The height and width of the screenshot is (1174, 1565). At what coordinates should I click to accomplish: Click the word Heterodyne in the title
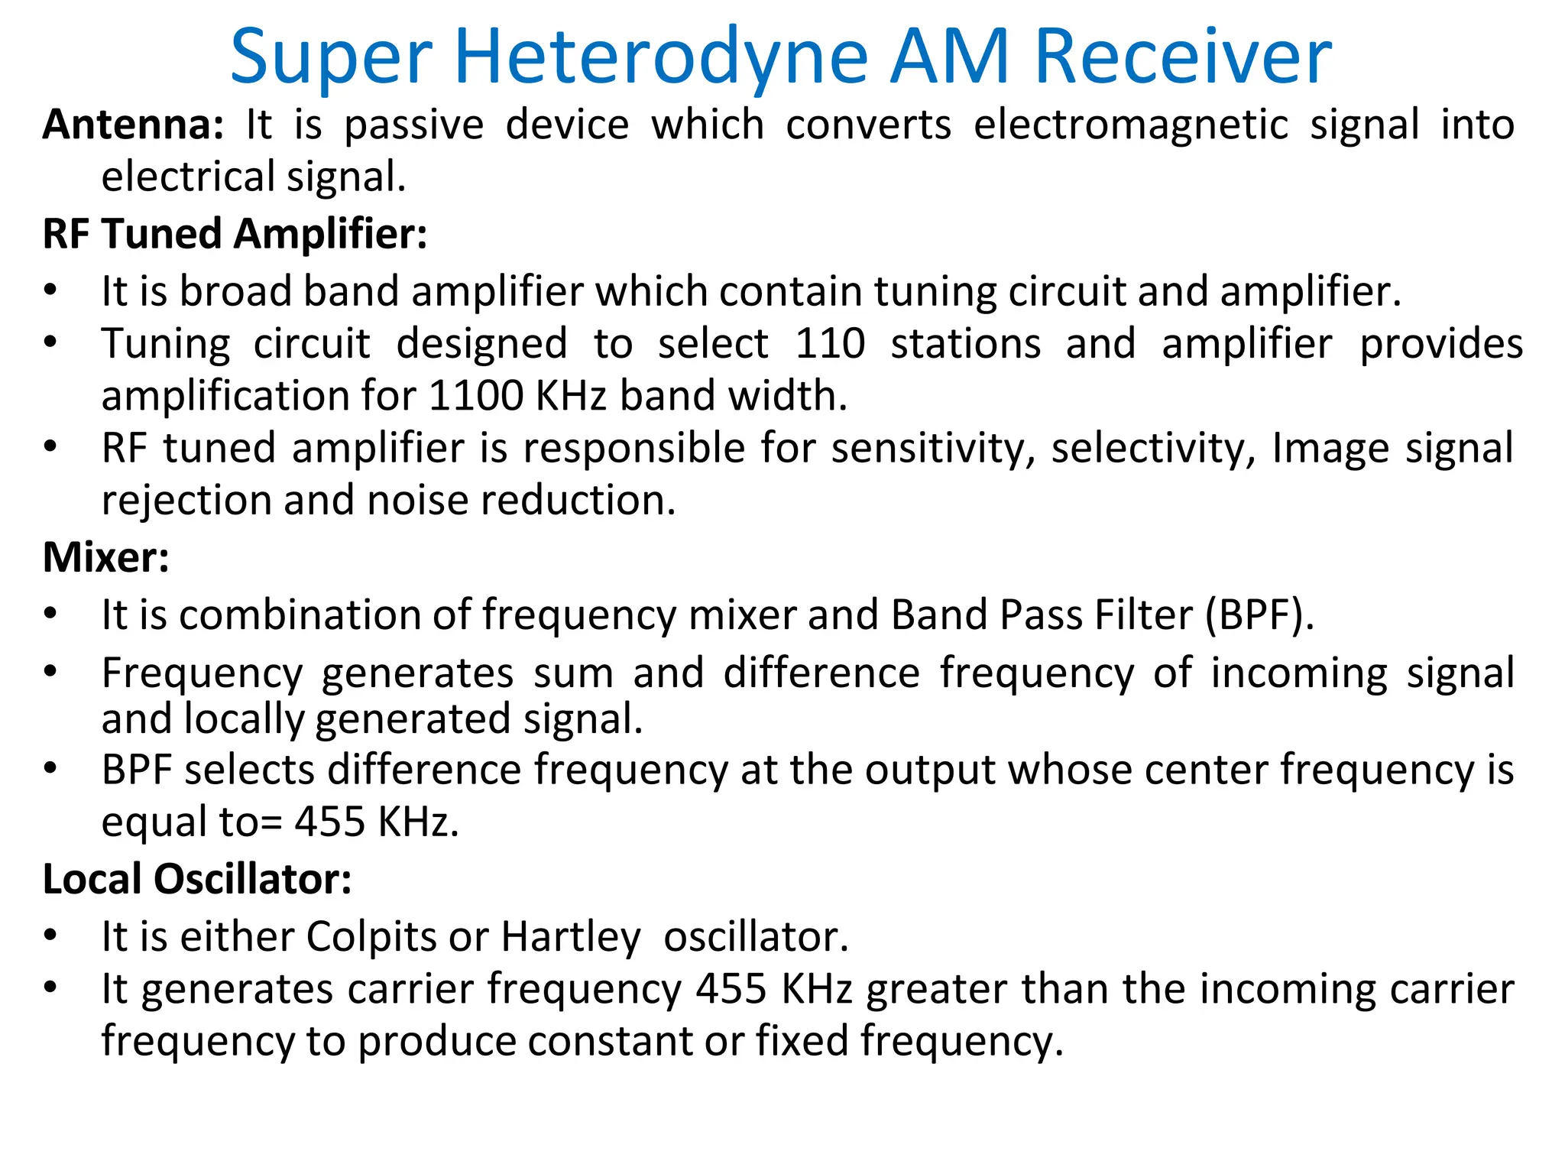pyautogui.click(x=660, y=58)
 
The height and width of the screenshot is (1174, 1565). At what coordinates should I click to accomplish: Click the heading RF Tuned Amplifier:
pyautogui.click(x=235, y=234)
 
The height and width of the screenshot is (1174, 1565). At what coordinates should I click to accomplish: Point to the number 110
pyautogui.click(x=830, y=344)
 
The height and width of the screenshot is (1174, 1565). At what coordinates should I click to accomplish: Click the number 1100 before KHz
pyautogui.click(x=476, y=396)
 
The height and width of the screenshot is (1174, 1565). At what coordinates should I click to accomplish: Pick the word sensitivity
pyautogui.click(x=933, y=449)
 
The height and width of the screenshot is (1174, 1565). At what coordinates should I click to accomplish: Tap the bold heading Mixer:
pyautogui.click(x=105, y=557)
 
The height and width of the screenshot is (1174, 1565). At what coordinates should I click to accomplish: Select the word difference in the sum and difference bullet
pyautogui.click(x=821, y=673)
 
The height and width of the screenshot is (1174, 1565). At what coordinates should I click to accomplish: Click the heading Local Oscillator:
pyautogui.click(x=197, y=880)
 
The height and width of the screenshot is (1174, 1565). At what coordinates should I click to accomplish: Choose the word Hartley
pyautogui.click(x=571, y=937)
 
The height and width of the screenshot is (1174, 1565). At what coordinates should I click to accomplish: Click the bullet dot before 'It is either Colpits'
pyautogui.click(x=50, y=936)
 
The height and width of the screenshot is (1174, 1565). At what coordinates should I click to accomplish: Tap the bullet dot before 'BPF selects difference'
pyautogui.click(x=50, y=768)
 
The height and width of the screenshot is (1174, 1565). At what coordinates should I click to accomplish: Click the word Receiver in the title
pyautogui.click(x=1183, y=58)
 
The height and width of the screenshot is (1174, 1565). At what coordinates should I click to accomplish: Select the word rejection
pyautogui.click(x=186, y=501)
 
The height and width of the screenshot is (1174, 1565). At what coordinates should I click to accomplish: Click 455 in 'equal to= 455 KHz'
pyautogui.click(x=329, y=822)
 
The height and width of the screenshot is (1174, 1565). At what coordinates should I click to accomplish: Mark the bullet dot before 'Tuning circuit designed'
pyautogui.click(x=50, y=342)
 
